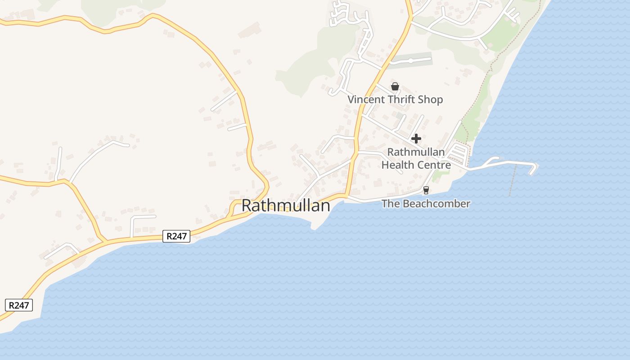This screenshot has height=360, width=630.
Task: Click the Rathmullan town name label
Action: click(x=286, y=206)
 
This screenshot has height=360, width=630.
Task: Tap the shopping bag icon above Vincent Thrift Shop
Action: click(x=395, y=86)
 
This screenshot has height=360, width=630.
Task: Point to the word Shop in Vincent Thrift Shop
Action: click(x=431, y=99)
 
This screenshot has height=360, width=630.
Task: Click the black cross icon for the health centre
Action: click(x=416, y=139)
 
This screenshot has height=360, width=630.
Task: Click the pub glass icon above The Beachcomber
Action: click(x=426, y=190)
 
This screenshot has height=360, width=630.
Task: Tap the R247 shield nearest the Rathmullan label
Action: click(x=176, y=236)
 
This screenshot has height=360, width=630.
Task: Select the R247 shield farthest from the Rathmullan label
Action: click(x=19, y=305)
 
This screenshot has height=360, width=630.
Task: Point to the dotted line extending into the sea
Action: click(x=512, y=182)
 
